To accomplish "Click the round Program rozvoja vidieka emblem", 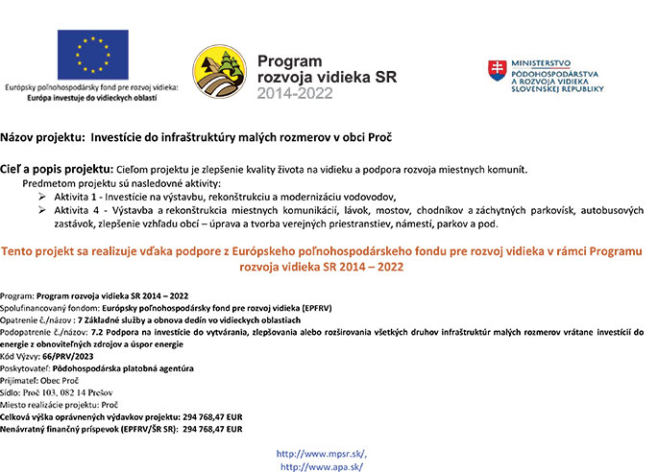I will [x=219, y=72].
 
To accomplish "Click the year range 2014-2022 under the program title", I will [x=297, y=93].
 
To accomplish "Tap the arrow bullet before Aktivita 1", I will [x=41, y=196].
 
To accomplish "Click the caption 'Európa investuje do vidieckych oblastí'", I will [x=92, y=98].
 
